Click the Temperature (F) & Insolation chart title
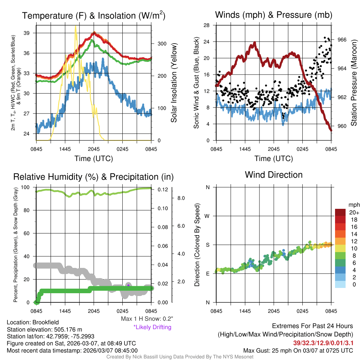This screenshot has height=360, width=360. click(94, 15)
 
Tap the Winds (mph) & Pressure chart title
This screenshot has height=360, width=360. click(274, 15)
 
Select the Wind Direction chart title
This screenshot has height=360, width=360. click(274, 175)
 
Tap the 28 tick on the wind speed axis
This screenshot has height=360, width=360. click(207, 25)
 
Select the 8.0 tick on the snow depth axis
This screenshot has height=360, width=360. click(181, 198)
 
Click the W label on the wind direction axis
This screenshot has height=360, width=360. click(207, 216)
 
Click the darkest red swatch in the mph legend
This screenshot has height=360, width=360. click(341, 212)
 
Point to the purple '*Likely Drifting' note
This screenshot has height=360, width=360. click(152, 327)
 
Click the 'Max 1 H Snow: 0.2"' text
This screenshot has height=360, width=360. click(147, 319)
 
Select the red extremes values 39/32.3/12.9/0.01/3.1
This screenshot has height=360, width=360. click(323, 342)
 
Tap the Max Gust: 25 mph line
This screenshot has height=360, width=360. click(298, 351)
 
